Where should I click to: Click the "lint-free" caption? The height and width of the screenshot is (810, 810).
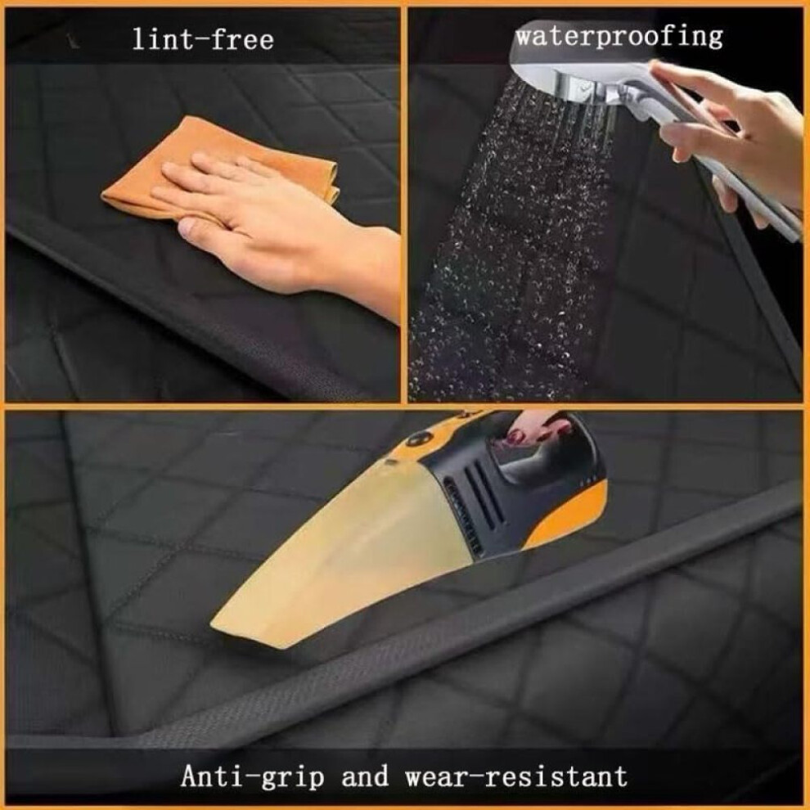(203, 40)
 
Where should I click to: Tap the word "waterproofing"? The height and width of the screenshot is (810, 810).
(619, 36)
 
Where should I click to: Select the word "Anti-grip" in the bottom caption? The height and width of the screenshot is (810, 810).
(253, 776)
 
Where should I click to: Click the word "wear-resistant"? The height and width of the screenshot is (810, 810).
(516, 776)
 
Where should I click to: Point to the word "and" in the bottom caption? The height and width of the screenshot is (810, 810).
(365, 776)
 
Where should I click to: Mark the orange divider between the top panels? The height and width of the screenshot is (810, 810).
(404, 204)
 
